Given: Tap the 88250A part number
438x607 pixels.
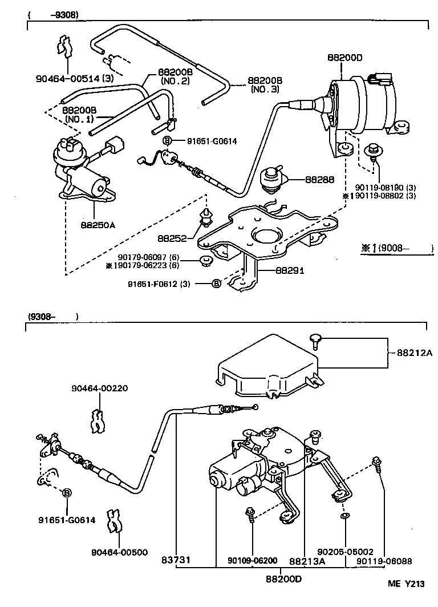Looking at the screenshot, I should (98, 225).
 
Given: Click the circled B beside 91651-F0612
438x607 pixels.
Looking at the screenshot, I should (216, 284).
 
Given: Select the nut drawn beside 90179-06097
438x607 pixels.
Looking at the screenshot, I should (204, 261).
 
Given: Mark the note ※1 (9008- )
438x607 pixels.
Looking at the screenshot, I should (397, 248).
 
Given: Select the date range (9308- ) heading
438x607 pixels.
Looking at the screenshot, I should (51, 316).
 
